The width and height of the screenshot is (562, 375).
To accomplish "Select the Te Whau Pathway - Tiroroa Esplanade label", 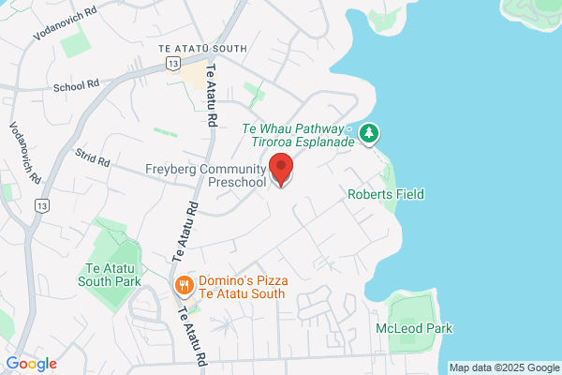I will pos(298,134).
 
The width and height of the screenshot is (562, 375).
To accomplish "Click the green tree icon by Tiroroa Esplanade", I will pos(371,133).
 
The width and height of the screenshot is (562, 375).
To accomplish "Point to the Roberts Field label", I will pos(386,194).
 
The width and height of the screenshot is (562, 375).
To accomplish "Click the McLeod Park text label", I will pos(414,328).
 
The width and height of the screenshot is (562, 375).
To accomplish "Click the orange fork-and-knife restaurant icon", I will pos(185,284).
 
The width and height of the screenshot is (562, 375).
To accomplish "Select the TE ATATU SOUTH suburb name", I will pos(202,48).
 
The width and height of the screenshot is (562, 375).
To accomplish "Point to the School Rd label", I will pos(78,84).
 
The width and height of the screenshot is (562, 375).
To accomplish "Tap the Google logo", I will pos(32,364).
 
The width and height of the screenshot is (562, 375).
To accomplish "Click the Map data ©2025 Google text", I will pos(503,367).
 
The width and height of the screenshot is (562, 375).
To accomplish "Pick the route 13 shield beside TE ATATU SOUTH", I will pos(172,63).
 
